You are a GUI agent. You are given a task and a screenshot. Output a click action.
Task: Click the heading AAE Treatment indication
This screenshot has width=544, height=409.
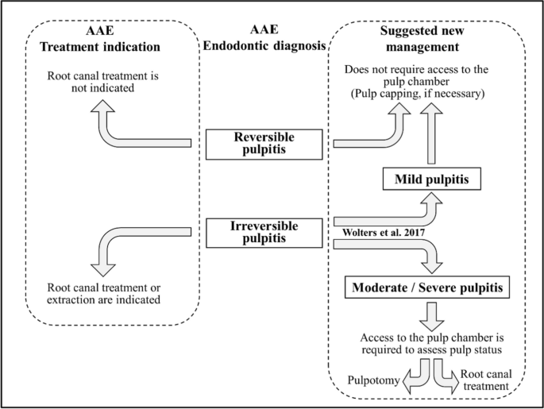point(100,40)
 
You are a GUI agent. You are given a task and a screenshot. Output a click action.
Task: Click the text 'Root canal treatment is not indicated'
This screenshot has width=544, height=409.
point(100,82)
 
